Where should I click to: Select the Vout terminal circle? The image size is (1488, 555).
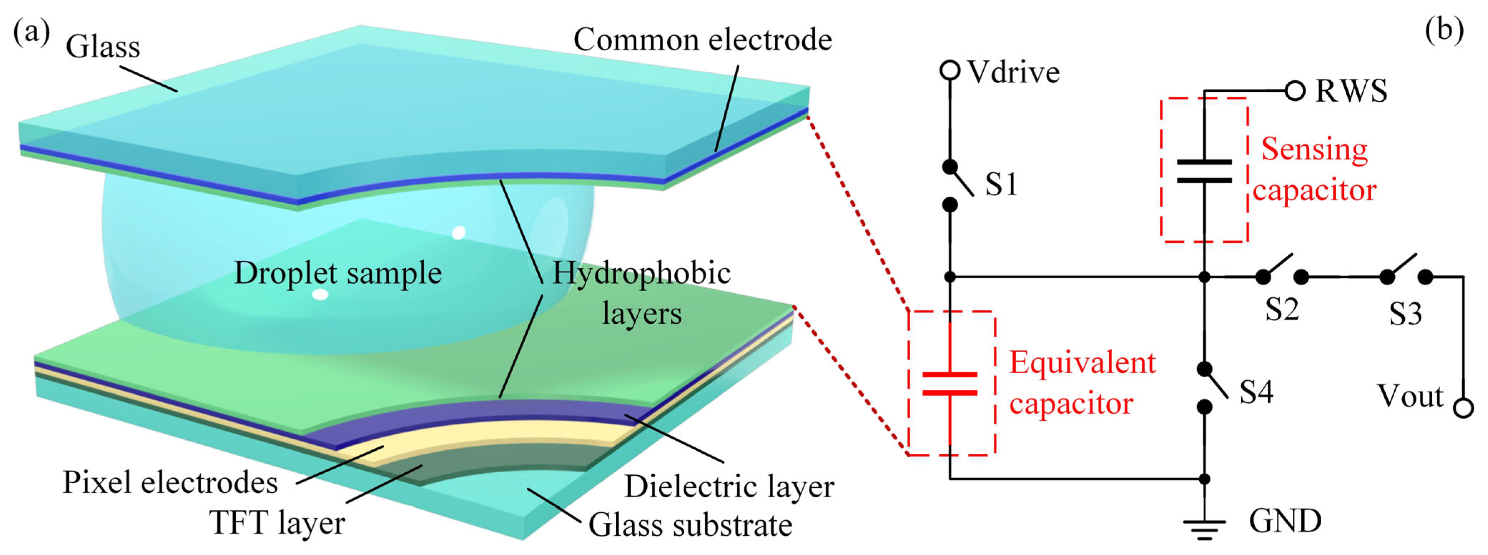1463,408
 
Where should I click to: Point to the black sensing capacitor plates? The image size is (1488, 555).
1204,171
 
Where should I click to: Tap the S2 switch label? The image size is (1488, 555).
1282,309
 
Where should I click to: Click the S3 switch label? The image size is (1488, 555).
1405,314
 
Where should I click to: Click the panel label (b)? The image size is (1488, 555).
1444,30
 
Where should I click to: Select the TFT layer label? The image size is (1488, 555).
277,523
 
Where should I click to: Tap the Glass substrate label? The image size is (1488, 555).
690,525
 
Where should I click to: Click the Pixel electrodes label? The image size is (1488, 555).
170,482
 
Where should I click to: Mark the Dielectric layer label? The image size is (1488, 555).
729,487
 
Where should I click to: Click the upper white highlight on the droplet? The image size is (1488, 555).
459,232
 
